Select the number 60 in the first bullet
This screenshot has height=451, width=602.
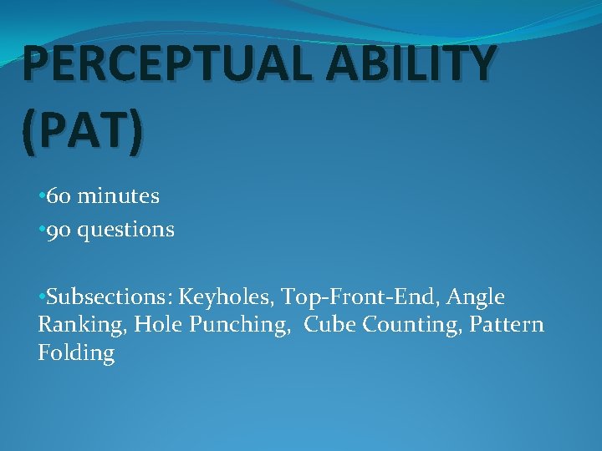59,196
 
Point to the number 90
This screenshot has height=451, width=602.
59,229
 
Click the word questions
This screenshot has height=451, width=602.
126,230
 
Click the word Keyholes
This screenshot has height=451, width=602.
227,297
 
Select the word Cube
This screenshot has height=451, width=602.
328,324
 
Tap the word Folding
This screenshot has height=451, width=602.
76,353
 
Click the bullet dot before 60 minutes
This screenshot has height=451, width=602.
41,197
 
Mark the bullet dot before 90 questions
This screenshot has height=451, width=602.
41,230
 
